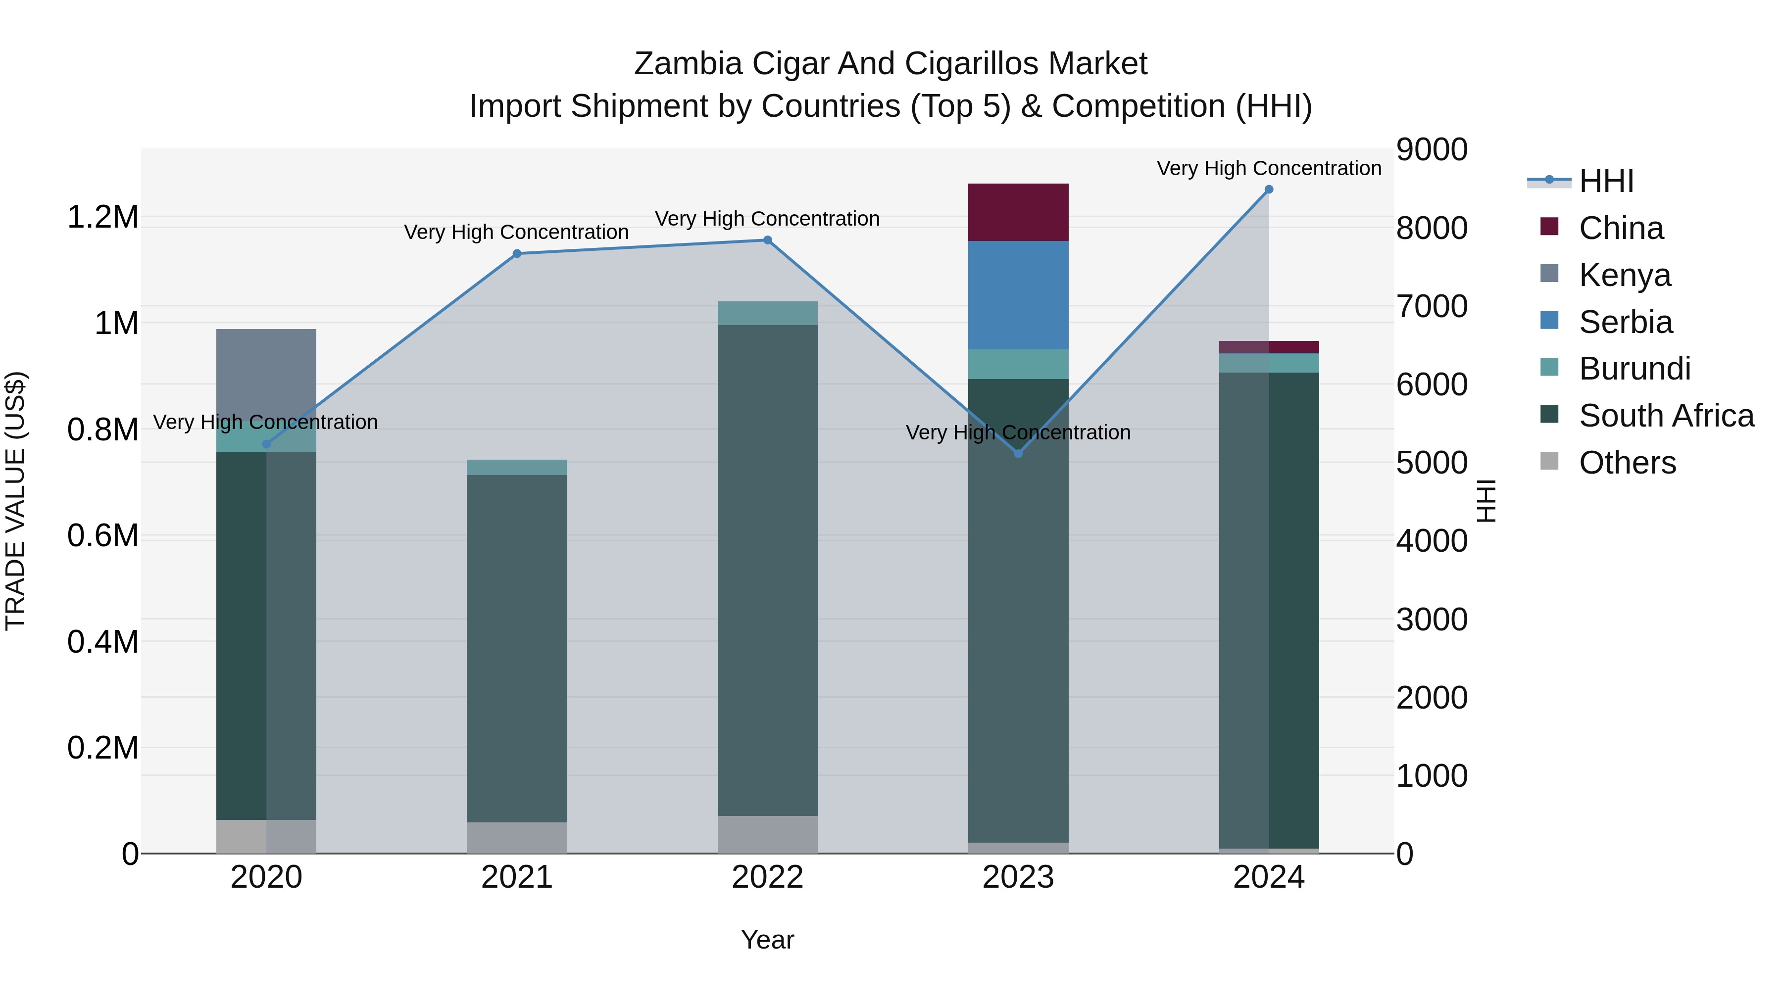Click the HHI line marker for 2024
click(x=1269, y=190)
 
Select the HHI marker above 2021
click(x=517, y=254)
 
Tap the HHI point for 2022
click(x=767, y=240)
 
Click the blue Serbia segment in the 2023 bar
click(x=1018, y=295)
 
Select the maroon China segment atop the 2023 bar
click(x=1018, y=212)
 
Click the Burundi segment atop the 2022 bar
click(x=767, y=313)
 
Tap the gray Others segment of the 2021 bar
click(x=517, y=837)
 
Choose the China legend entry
click(x=1621, y=228)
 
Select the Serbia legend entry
click(x=1626, y=322)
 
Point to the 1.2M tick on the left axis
click(x=103, y=217)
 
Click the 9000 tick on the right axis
click(x=1431, y=149)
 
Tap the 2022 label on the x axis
click(x=767, y=877)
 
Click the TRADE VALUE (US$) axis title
click(x=15, y=501)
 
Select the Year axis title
click(x=767, y=940)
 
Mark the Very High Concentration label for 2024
click(x=1269, y=168)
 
